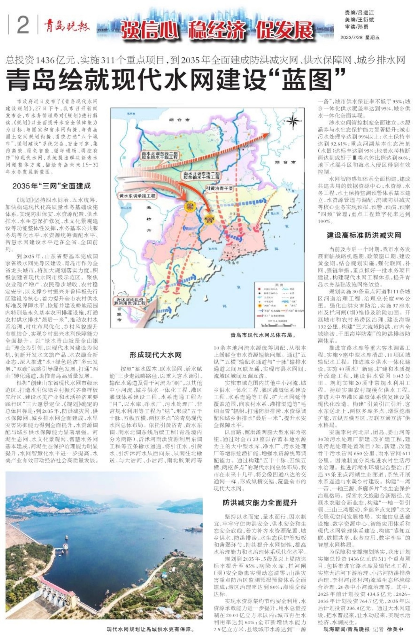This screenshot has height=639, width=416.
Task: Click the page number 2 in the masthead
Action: pyautogui.click(x=23, y=25)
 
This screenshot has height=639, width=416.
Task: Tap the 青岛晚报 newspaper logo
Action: pyautogui.click(x=67, y=27)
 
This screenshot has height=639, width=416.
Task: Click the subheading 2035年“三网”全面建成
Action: pyautogui.click(x=52, y=186)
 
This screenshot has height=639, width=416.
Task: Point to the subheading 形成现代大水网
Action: pyautogui.click(x=156, y=355)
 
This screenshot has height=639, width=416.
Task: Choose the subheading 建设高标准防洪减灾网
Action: pyautogui.click(x=364, y=235)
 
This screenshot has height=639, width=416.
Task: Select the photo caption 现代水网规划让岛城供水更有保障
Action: pyautogui.click(x=150, y=629)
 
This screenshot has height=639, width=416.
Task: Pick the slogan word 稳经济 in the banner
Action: pyautogui.click(x=217, y=30)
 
